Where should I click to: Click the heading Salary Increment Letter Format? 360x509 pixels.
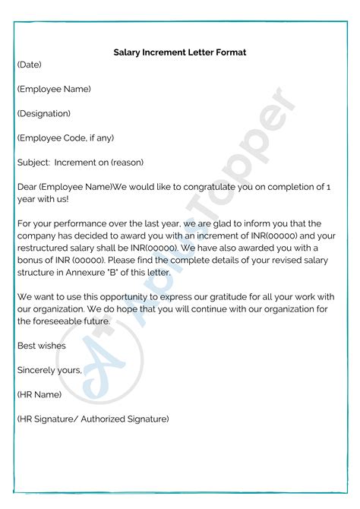coord(180,52)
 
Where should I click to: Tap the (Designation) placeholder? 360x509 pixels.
coord(43,113)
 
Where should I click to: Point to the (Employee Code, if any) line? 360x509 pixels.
coord(65,138)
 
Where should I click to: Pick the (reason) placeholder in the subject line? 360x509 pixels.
coord(125,162)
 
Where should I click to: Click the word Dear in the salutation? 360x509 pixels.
coord(27,186)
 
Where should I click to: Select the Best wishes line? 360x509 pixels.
coord(41,346)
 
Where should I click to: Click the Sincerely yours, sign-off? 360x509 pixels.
coord(49,370)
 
